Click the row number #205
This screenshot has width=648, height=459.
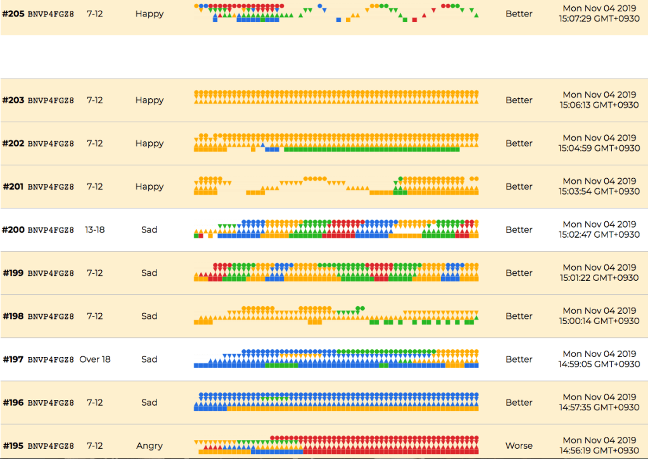coord(13,13)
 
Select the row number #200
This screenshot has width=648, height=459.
coord(13,229)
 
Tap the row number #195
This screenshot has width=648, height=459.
coord(13,446)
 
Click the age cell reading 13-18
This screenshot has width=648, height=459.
coord(94,229)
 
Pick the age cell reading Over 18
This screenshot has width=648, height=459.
coord(94,359)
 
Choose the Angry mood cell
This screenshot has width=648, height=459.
coord(149,446)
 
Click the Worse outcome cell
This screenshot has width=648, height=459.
coord(519,446)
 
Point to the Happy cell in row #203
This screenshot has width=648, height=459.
coord(149,100)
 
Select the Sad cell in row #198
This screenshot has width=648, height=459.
coord(149,316)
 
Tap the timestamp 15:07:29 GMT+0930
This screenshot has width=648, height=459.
coord(599,19)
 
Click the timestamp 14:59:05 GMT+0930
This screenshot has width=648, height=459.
coord(599,365)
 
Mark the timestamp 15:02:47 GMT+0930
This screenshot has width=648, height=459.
coord(599,235)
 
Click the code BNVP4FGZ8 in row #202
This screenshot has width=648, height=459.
coord(51,143)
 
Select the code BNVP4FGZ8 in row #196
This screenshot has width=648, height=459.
coord(51,403)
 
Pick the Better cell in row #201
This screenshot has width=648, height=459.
coord(519,186)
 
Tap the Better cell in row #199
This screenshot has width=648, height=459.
coord(519,273)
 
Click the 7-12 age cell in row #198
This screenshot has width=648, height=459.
coord(94,316)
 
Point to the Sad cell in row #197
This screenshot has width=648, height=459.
coord(149,359)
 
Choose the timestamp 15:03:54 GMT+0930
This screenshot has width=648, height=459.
coord(599,192)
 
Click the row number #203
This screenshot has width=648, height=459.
coord(13,100)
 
